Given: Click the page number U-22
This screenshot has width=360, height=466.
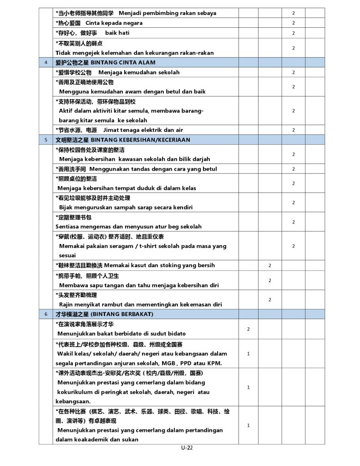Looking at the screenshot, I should coord(187,447).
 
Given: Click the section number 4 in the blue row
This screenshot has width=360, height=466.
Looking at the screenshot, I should coord(46,62).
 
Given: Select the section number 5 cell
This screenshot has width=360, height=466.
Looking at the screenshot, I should coord(46,140).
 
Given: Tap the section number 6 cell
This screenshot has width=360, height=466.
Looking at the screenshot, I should coord(46,314).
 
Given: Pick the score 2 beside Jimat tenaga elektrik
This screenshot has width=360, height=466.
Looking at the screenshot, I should coord(293,130).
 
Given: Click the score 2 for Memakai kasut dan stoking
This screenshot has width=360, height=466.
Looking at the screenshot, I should coord(269,265).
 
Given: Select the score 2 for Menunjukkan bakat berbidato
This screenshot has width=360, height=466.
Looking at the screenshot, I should coord(248,329).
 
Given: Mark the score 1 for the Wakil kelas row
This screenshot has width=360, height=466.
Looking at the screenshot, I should coord(248,354).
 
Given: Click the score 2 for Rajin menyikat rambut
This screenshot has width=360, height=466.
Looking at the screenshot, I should coord(269,299).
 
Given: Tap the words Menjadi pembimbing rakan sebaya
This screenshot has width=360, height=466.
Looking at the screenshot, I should coord(167,13).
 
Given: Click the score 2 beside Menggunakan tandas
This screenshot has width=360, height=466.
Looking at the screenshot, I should coord(293,169).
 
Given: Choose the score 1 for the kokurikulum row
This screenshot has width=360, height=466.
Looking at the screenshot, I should coord(248,387).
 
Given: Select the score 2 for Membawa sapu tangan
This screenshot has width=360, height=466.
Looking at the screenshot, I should coord(269,280).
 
